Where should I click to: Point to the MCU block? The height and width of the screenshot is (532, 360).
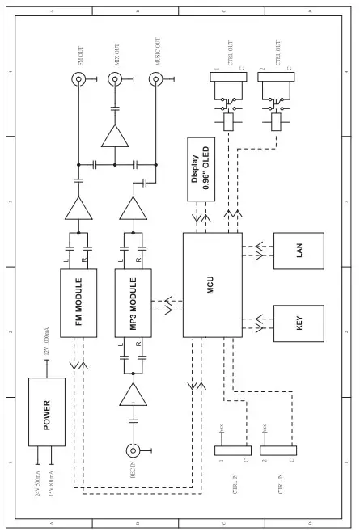pos(211,285)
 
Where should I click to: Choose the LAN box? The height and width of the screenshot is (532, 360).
pos(299,251)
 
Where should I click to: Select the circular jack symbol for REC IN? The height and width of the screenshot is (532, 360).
pos(133,451)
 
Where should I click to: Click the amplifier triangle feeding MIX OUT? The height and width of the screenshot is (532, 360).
pos(115,135)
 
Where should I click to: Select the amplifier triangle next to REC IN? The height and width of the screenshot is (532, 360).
pos(133,397)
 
